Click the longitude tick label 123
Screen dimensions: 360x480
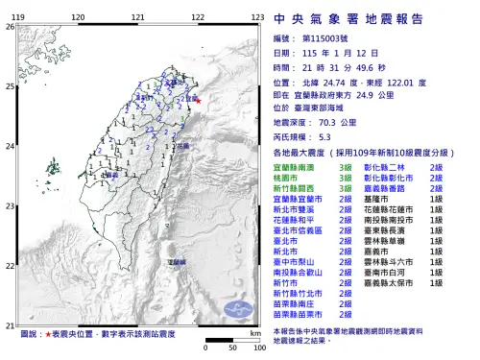pyautogui.click(x=257, y=17)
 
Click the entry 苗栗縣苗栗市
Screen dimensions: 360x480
pyautogui.click(x=297, y=315)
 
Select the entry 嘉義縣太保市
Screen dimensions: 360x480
pyautogui.click(x=393, y=283)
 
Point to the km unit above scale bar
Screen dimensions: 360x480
pyautogui.click(x=253, y=331)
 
